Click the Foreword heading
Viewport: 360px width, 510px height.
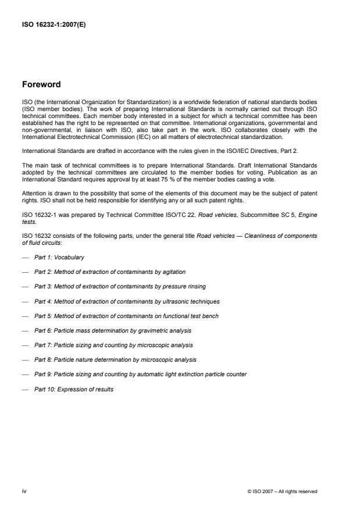click(41, 84)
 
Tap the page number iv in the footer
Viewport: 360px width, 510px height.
click(24, 491)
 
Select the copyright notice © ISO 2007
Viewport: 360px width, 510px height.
click(282, 491)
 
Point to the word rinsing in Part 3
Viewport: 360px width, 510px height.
click(196, 286)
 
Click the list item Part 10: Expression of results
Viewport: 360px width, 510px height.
click(73, 389)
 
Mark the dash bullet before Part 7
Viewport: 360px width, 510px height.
click(25, 345)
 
